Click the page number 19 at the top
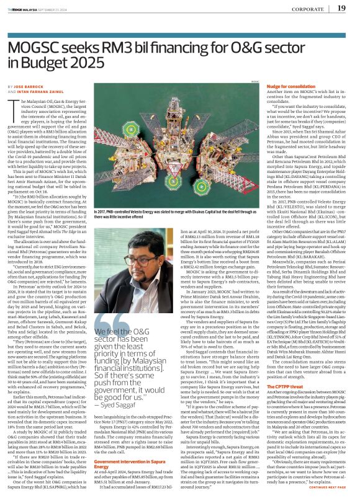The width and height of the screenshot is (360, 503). [341, 8]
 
